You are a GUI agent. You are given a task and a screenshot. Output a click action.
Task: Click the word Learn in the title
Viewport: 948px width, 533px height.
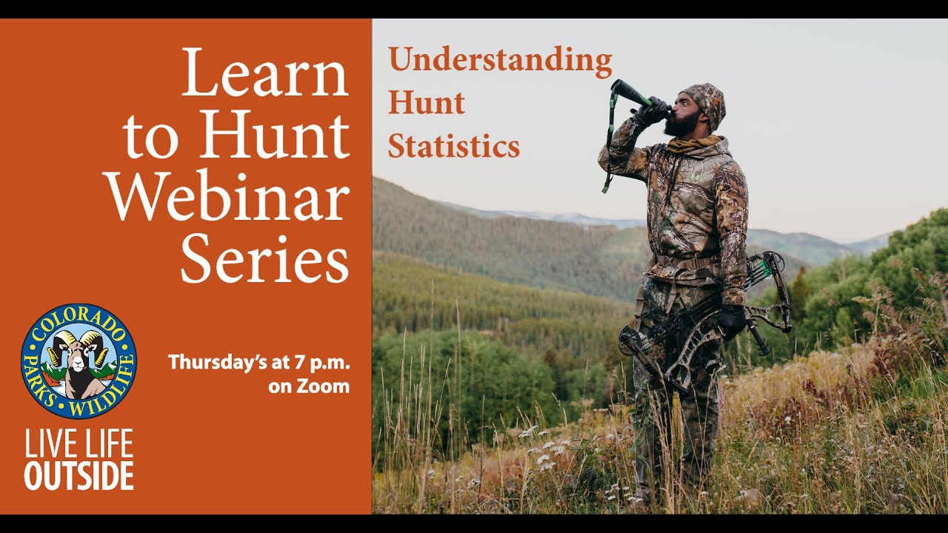coord(265,74)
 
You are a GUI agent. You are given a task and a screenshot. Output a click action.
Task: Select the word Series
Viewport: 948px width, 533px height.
coord(264,259)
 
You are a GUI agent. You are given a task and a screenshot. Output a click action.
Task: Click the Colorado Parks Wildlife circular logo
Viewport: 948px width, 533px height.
coord(79,361)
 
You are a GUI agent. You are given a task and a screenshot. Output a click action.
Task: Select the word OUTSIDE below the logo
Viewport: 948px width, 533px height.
coord(79,476)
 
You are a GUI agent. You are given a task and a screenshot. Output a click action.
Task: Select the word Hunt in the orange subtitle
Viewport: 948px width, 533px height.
coord(427,103)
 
